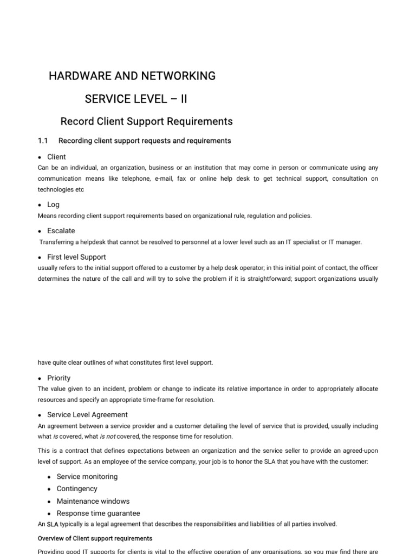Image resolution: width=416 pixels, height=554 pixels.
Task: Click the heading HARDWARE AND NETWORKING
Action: [132, 76]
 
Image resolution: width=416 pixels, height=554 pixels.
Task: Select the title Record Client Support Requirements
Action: [146, 121]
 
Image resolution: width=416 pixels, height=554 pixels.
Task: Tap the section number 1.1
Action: [43, 141]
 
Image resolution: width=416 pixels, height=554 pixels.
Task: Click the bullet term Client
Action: [56, 157]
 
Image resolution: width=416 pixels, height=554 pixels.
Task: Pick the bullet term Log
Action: [53, 205]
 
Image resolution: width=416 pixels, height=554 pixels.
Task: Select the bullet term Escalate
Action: [61, 230]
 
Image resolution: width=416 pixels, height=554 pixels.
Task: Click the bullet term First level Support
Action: [76, 257]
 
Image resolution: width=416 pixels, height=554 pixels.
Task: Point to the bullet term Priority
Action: [58, 378]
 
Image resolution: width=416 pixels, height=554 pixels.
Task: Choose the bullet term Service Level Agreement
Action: [87, 415]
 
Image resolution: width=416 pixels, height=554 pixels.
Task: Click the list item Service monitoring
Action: [87, 477]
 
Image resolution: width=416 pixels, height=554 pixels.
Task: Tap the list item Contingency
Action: [77, 489]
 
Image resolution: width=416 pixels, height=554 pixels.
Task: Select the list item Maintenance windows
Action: [93, 501]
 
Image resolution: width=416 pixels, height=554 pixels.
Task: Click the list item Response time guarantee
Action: [98, 513]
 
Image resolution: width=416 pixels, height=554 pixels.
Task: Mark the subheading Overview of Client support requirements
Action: [95, 539]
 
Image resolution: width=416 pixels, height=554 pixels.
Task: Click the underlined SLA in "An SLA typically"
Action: [53, 524]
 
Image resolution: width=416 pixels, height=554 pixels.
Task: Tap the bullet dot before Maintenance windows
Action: [49, 502]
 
